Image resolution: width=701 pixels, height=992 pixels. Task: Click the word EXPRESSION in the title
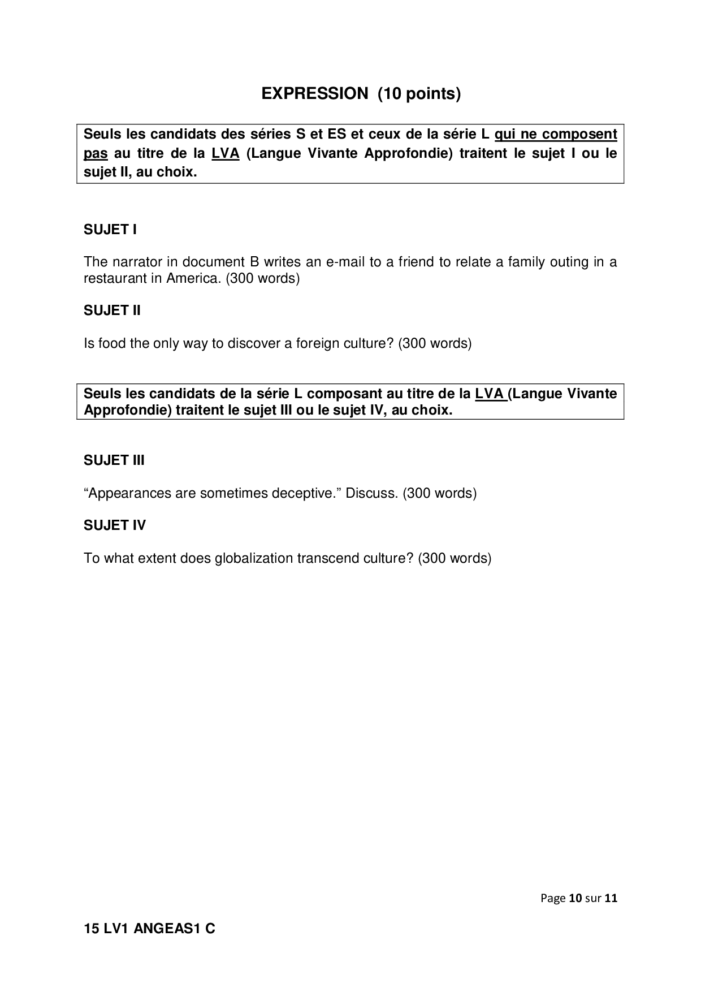click(x=314, y=94)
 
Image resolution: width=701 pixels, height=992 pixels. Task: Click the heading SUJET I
click(x=110, y=230)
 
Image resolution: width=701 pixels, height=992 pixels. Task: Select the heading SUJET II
click(x=112, y=310)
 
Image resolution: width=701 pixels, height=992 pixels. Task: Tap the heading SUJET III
click(x=114, y=460)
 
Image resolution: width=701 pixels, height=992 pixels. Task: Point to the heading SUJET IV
click(x=115, y=525)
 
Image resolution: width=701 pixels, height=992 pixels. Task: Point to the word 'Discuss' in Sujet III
click(x=371, y=493)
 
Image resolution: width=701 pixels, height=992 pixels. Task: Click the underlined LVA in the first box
click(x=226, y=153)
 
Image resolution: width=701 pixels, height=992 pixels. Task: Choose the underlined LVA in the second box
click(x=490, y=394)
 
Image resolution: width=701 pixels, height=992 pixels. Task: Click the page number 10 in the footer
click(x=575, y=898)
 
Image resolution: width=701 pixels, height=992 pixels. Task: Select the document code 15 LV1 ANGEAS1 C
click(x=149, y=929)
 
